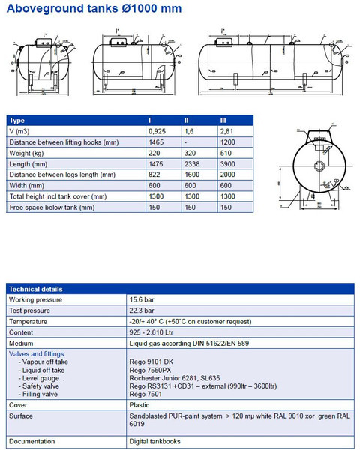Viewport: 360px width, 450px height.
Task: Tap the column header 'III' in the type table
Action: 223,120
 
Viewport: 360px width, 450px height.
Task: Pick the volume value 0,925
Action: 157,130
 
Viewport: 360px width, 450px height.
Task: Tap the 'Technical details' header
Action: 36,289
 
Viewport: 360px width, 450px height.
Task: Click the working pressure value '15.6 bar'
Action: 142,299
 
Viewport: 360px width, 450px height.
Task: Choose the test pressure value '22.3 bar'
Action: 142,310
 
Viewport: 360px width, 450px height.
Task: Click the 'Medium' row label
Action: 22,343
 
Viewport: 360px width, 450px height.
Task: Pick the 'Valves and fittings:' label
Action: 37,353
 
